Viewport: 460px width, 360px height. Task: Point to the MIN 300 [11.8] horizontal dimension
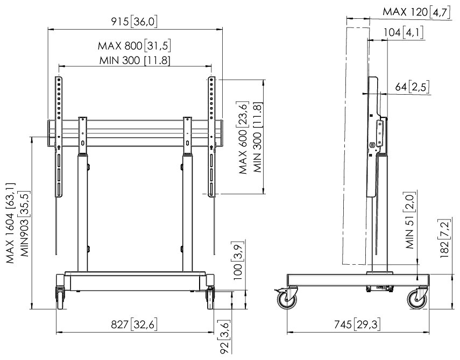click(135, 60)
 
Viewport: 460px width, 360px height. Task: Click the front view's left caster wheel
click(60, 299)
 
